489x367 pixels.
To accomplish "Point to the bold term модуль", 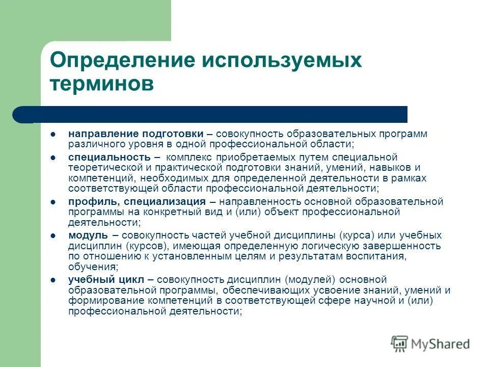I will click(88, 235).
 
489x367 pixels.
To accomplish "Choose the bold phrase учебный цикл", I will click(106, 279).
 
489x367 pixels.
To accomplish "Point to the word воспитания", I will click(377, 256).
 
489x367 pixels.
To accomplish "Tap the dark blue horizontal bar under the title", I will click(214, 115).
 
